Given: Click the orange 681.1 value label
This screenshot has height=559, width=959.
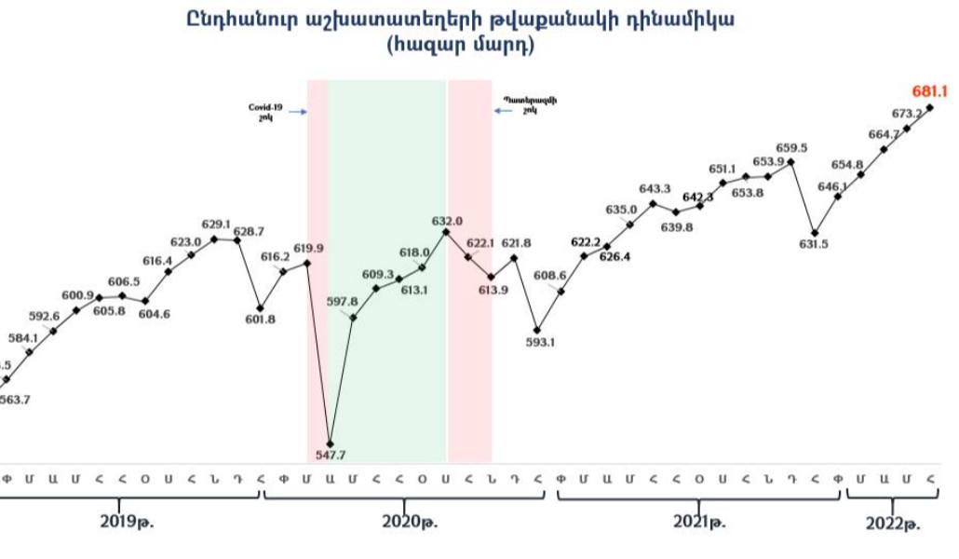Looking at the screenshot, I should click(x=929, y=91).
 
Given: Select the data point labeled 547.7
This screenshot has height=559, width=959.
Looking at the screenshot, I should click(x=331, y=443).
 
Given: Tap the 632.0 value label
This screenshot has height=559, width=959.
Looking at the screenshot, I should click(x=446, y=222).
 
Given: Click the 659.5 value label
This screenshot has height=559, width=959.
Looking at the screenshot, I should click(x=791, y=147).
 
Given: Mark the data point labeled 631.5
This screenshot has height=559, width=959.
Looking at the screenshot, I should click(x=815, y=232).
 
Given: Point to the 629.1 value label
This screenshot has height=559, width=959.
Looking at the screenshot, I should click(x=216, y=225).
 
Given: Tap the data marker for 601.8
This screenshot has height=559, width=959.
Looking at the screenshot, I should click(x=261, y=308).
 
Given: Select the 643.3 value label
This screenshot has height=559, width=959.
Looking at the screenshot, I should click(x=655, y=189).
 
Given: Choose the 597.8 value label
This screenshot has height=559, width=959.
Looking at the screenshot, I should click(x=343, y=302).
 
